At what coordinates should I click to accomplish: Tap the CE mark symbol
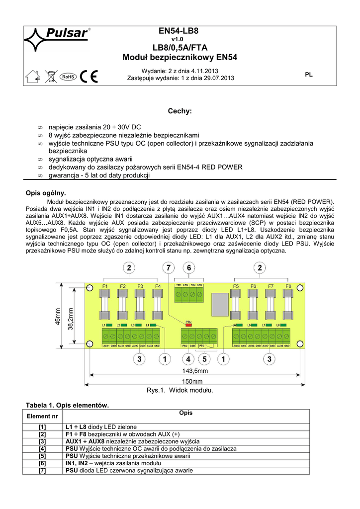[89, 77]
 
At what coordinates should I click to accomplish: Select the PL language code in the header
[309, 75]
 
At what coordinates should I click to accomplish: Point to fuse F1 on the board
[105, 304]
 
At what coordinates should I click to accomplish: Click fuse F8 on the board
[288, 304]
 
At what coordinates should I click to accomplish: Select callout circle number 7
[169, 269]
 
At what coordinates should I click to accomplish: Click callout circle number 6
[189, 269]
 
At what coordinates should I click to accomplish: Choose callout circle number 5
[203, 358]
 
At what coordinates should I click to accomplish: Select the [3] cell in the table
[42, 441]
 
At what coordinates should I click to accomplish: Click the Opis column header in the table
[186, 413]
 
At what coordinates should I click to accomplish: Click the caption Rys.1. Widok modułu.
[180, 391]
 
